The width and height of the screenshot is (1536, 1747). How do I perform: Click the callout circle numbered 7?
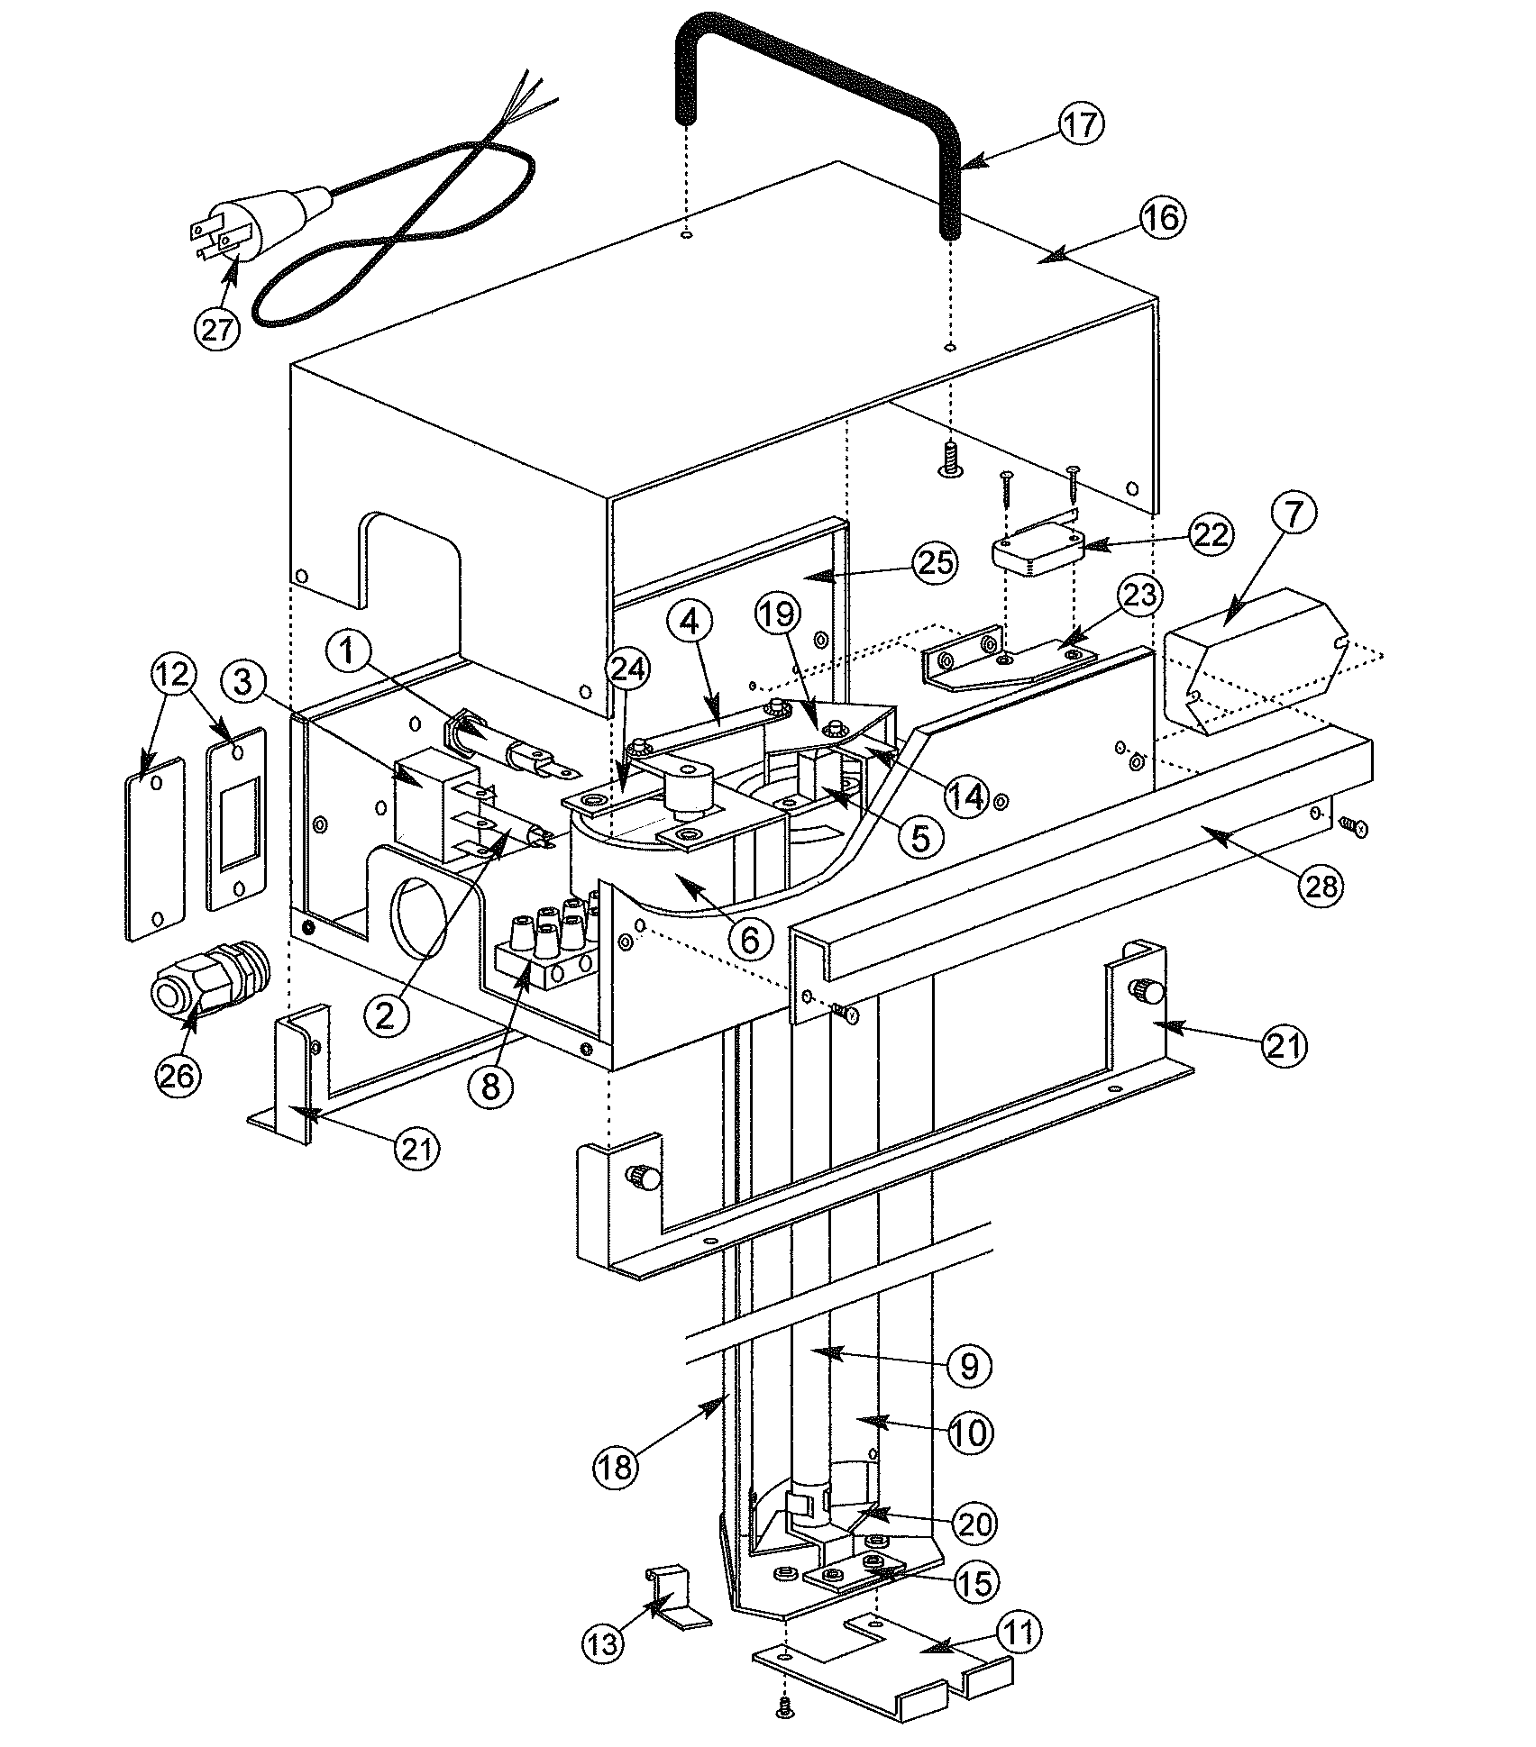tap(1294, 514)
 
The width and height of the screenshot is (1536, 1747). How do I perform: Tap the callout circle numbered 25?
tap(933, 562)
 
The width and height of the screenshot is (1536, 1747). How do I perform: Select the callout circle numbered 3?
tap(242, 682)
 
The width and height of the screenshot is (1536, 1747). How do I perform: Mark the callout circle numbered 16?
tap(1164, 218)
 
